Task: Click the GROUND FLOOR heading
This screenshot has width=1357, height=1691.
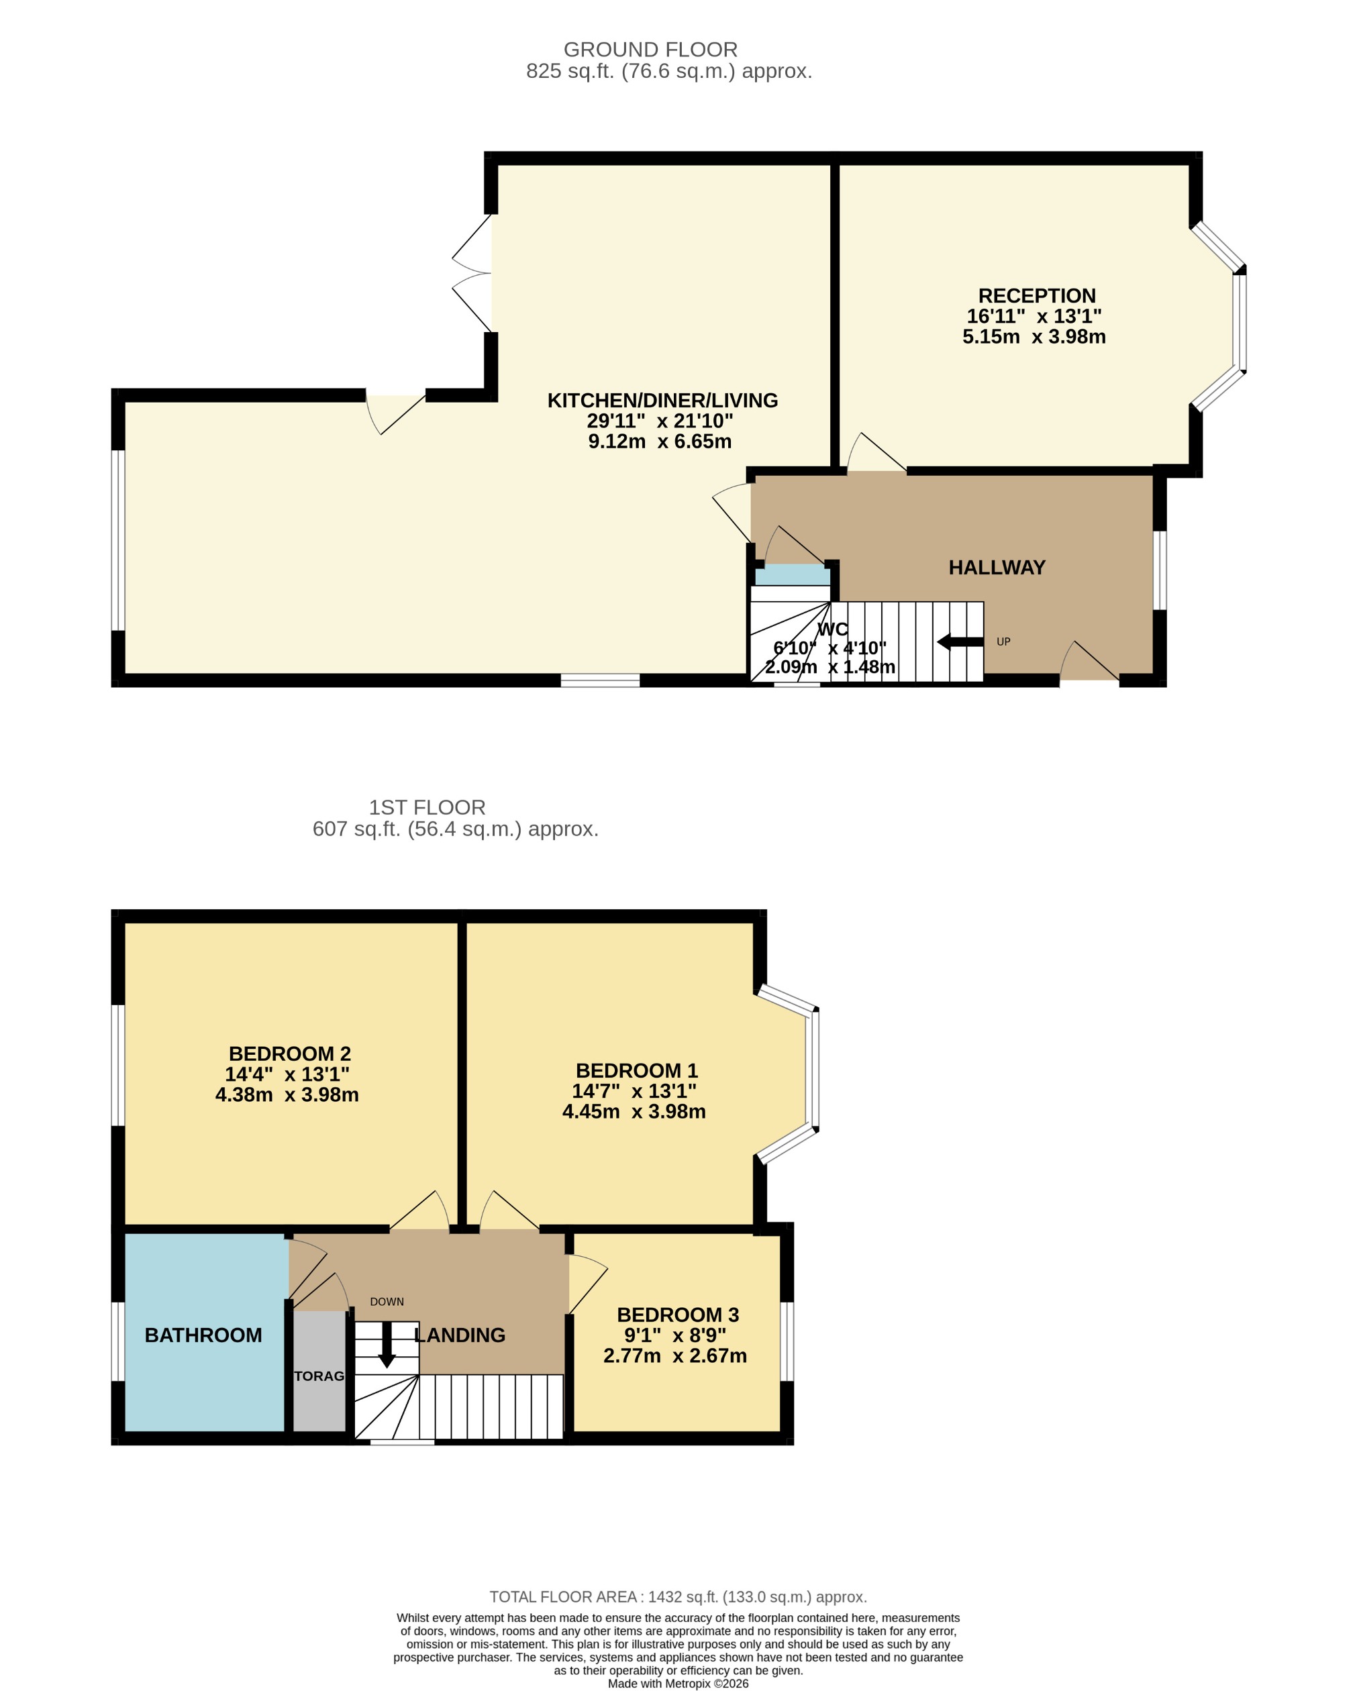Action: point(650,50)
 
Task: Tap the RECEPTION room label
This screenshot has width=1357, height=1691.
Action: point(1036,296)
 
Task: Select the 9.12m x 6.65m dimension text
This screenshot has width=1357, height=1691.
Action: point(660,442)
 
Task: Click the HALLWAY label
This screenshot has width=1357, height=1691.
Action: point(997,568)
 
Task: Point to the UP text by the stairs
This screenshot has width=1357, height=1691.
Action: point(1003,642)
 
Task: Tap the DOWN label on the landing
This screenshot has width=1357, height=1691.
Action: point(387,1302)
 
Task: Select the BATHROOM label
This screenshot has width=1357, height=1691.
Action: point(203,1335)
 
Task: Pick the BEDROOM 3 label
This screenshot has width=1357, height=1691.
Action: point(678,1315)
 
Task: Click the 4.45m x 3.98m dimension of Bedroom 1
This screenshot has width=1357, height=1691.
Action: point(634,1111)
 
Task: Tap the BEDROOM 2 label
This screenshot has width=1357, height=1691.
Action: point(289,1054)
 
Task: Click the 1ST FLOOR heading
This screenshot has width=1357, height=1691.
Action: point(428,807)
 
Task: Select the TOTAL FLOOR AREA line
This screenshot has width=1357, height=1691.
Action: point(678,1597)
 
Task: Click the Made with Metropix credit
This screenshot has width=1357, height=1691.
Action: point(678,1683)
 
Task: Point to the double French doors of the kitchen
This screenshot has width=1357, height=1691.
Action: point(473,273)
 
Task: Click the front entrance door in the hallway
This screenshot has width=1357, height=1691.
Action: point(1089,664)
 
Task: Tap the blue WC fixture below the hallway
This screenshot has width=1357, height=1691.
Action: point(791,576)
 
